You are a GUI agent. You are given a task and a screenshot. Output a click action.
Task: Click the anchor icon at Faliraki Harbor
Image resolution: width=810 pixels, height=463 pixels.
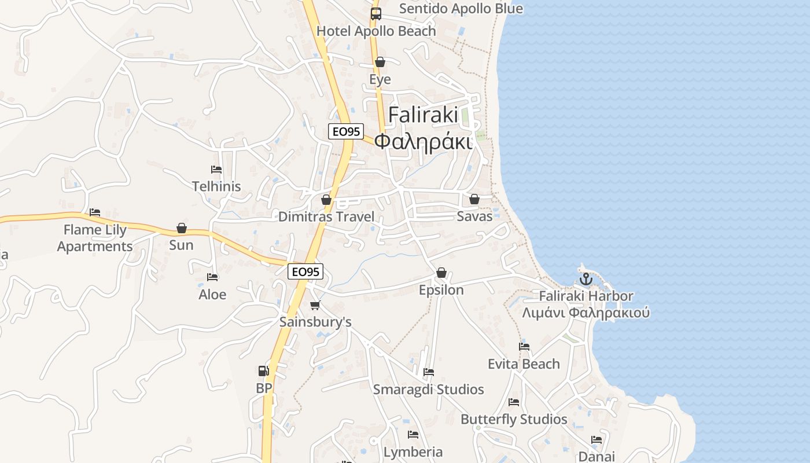[x=586, y=279]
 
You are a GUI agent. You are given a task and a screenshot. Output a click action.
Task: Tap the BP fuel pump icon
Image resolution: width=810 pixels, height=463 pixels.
[x=263, y=371]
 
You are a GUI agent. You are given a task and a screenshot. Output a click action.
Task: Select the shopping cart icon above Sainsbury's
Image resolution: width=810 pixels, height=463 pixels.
[x=315, y=305]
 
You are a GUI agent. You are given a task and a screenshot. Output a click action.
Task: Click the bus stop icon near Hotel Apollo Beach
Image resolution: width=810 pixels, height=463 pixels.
[x=376, y=14]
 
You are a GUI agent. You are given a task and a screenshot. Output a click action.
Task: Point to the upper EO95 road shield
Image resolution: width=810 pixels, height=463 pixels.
[x=345, y=131]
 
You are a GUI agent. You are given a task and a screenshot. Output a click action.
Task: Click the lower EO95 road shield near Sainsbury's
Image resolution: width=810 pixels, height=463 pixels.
[x=305, y=271]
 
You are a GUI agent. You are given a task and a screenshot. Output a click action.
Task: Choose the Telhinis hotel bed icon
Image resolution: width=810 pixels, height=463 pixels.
[x=216, y=170]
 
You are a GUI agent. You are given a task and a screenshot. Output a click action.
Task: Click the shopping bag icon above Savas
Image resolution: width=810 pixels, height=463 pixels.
[x=474, y=199]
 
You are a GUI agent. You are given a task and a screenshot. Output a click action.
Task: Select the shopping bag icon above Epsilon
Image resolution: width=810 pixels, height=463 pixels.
[x=441, y=273]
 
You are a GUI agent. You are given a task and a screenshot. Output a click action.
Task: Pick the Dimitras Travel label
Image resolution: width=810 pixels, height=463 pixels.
[x=326, y=217]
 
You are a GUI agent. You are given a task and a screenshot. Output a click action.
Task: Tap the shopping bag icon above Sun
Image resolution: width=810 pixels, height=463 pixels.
[x=182, y=228]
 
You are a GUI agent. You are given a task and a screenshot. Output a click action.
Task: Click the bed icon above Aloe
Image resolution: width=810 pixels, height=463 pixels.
[x=212, y=277]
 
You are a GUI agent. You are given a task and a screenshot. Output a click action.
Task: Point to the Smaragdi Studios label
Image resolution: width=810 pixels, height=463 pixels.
[x=428, y=389]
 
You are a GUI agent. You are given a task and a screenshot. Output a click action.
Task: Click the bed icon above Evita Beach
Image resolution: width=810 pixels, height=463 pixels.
[x=524, y=347]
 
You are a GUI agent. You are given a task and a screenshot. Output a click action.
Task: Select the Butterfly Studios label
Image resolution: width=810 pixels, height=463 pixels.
[x=514, y=419]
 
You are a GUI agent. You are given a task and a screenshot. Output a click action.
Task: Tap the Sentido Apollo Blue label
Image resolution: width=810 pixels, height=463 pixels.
[x=461, y=9]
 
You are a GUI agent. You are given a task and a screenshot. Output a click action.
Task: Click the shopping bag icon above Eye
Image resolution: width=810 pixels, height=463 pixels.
[x=380, y=62]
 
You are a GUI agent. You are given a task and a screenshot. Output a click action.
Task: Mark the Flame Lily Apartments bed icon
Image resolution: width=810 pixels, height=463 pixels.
[x=95, y=212]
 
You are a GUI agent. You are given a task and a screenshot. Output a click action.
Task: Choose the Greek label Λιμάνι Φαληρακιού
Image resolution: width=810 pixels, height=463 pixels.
[x=586, y=313]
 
